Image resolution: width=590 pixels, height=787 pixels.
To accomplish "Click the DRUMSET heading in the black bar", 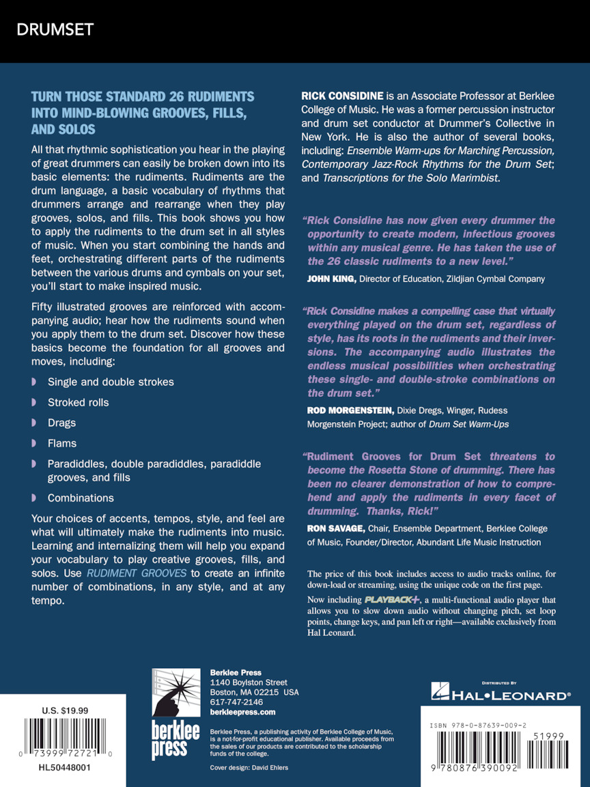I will click(x=55, y=29).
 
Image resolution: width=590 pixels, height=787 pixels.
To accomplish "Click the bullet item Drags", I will click(x=61, y=423).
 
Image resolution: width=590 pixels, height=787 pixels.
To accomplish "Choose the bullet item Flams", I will click(x=62, y=443).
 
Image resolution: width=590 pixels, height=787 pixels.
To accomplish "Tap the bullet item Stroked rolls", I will click(x=78, y=402).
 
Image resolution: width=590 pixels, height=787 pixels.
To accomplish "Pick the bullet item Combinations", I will click(x=81, y=498).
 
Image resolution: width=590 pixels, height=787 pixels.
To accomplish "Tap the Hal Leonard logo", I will click(x=501, y=695).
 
